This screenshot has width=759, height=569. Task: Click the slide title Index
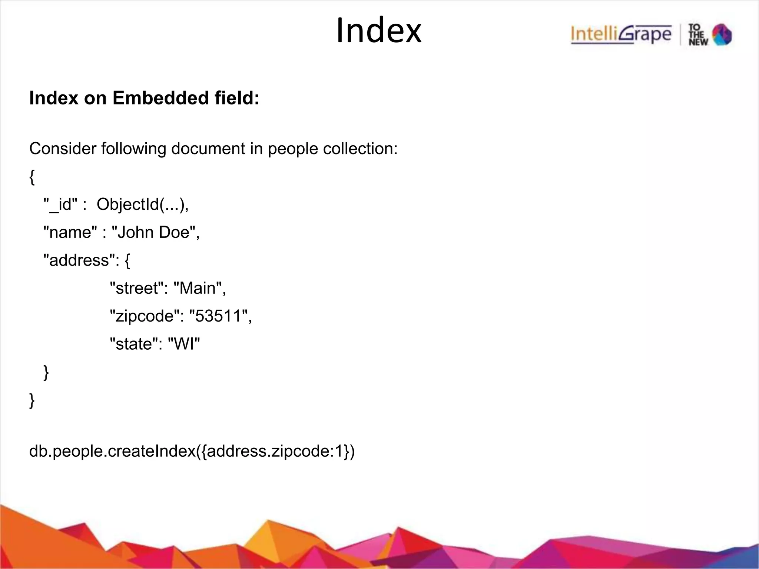click(379, 31)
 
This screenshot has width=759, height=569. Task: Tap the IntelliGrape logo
click(621, 34)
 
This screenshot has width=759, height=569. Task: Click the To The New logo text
click(698, 35)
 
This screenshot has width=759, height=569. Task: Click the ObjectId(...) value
click(142, 204)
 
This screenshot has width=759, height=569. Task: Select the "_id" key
click(60, 204)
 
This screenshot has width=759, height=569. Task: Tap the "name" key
click(70, 232)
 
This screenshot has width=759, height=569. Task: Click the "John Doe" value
click(155, 232)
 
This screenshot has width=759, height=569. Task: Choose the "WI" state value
click(184, 344)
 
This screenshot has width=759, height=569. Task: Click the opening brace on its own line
click(32, 177)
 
